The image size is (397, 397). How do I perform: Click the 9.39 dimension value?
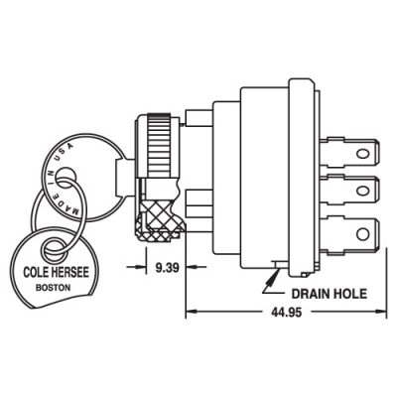(167, 267)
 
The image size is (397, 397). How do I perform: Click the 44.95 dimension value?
(287, 312)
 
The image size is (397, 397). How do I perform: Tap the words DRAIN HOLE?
(330, 294)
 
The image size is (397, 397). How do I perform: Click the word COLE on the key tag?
(35, 273)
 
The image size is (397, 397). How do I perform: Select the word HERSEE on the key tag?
(69, 272)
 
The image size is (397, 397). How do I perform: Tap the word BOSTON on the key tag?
(53, 288)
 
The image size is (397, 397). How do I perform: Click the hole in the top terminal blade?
(362, 154)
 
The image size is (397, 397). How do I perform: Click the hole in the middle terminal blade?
(362, 191)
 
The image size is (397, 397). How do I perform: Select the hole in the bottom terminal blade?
(362, 234)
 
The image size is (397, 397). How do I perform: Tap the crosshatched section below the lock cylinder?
(158, 219)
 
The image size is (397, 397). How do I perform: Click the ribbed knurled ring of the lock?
(159, 146)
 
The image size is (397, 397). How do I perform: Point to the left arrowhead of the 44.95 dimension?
(192, 312)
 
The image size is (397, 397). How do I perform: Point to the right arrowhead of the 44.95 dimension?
(381, 312)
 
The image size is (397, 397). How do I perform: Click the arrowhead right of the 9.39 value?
(192, 267)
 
